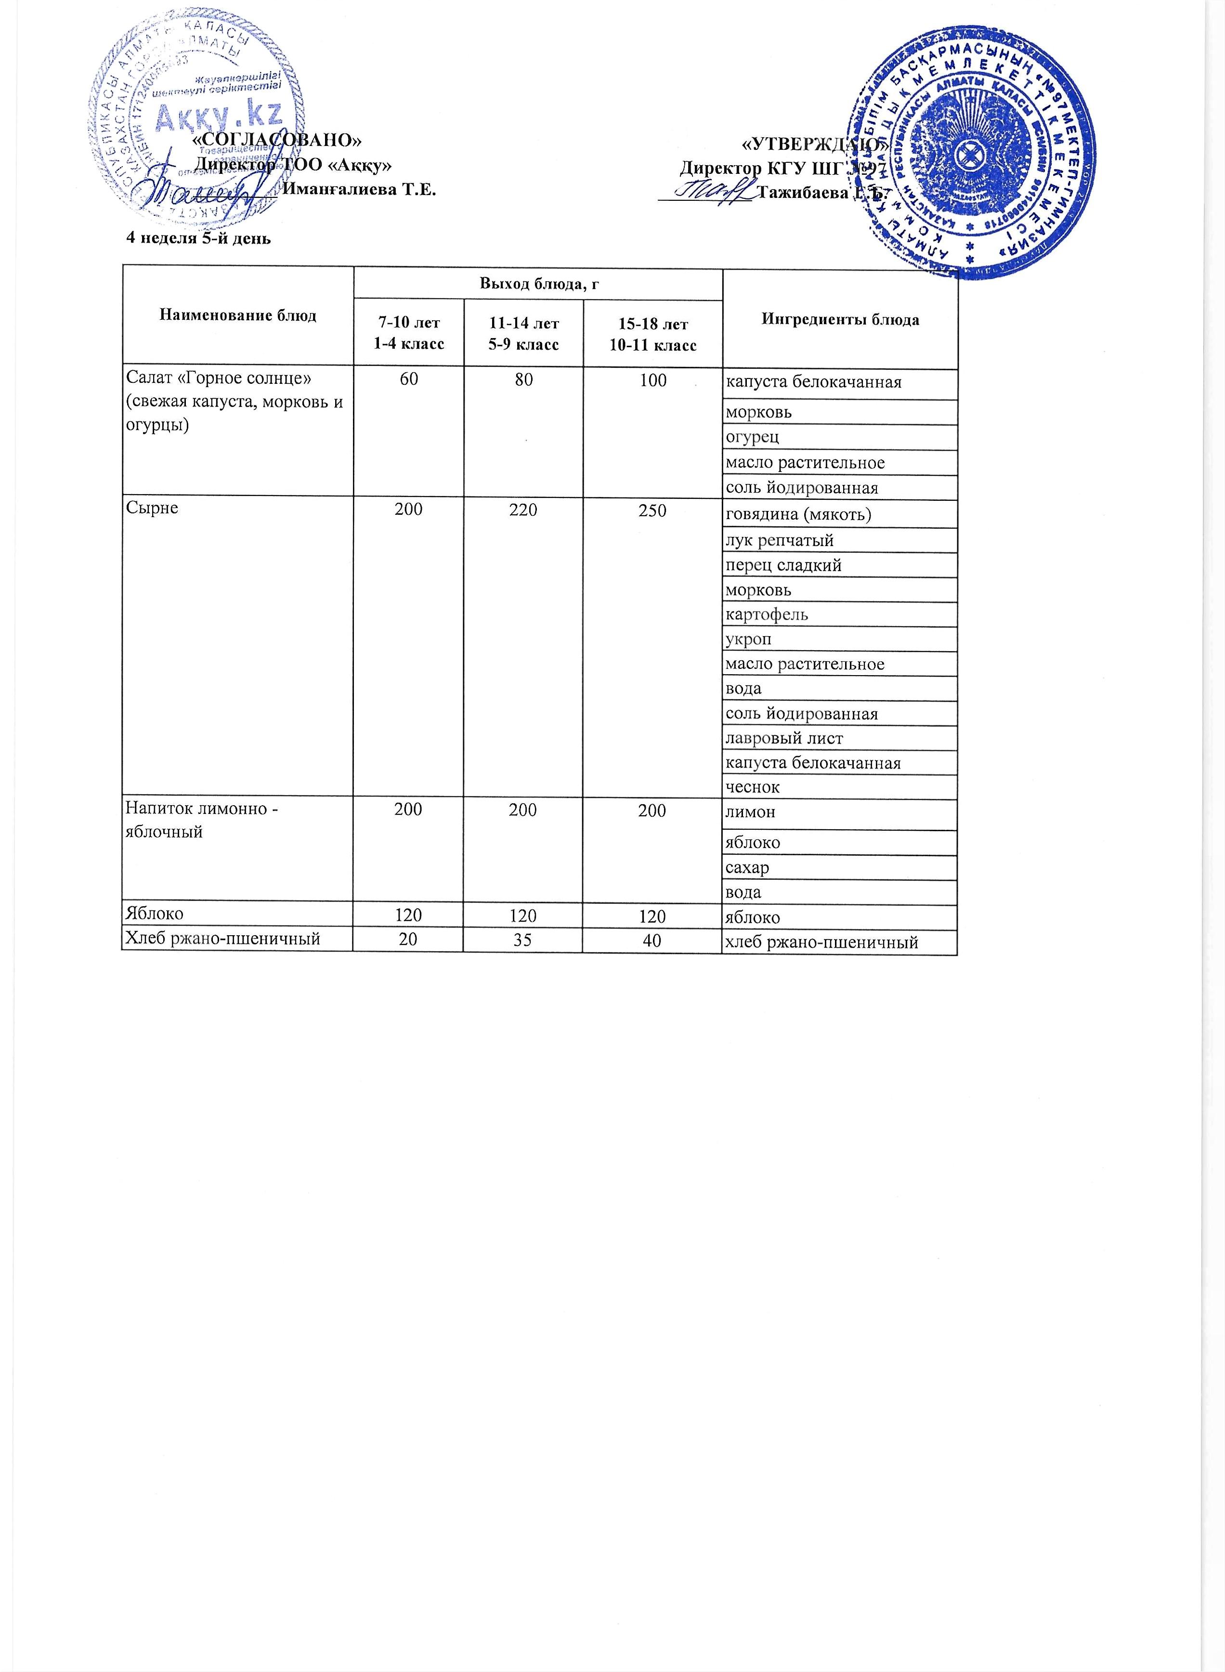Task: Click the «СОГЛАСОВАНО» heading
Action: tap(277, 139)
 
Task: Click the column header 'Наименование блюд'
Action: tap(237, 316)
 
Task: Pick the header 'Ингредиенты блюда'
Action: tap(840, 320)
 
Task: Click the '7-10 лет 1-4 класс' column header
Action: tap(409, 333)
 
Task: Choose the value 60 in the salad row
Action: tap(409, 380)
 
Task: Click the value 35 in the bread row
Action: tap(523, 940)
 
